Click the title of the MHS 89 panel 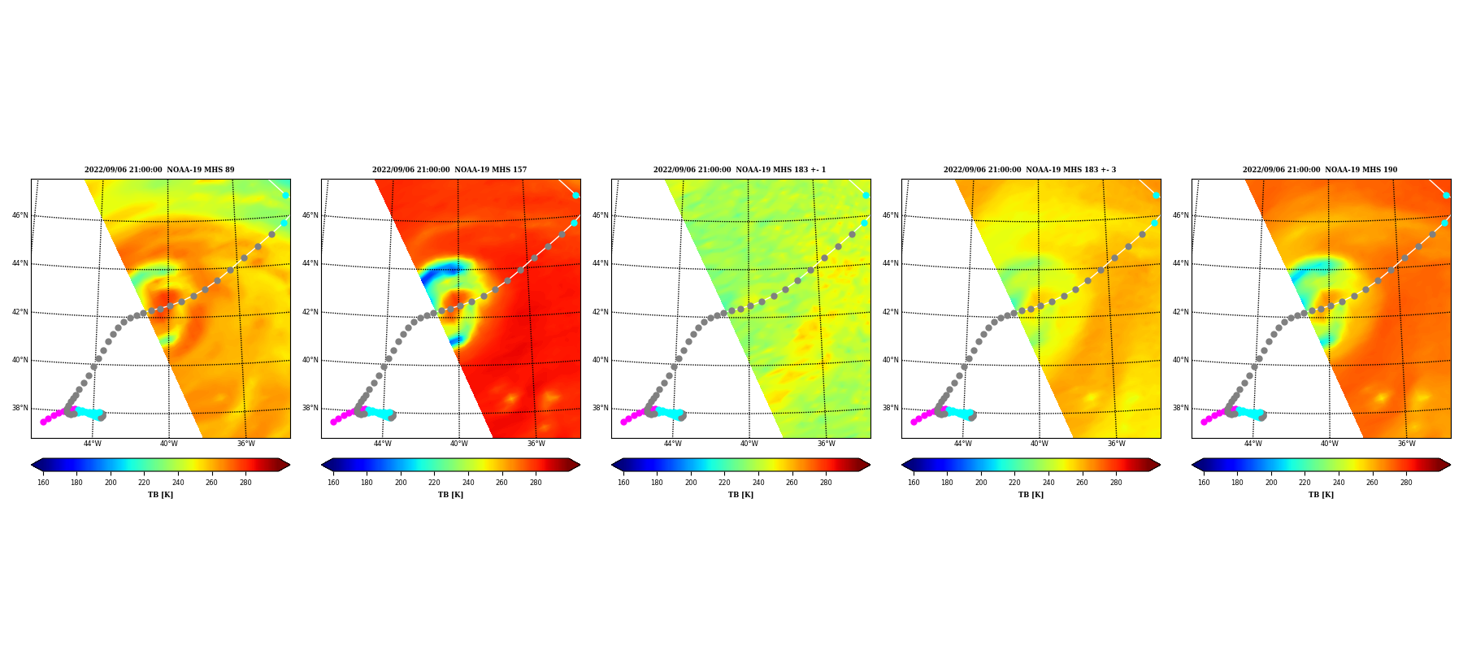pyautogui.click(x=159, y=170)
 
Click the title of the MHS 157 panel pyautogui.click(x=449, y=170)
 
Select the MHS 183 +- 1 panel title pyautogui.click(x=740, y=170)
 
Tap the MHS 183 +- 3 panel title pyautogui.click(x=1030, y=170)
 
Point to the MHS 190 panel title pyautogui.click(x=1320, y=170)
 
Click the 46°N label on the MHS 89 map pyautogui.click(x=20, y=215)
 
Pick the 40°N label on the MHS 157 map pyautogui.click(x=310, y=360)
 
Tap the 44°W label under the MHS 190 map pyautogui.click(x=1252, y=444)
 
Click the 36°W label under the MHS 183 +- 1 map pyautogui.click(x=826, y=444)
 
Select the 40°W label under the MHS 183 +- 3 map pyautogui.click(x=1040, y=444)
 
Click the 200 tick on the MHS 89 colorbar pyautogui.click(x=111, y=483)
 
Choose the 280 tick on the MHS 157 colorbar pyautogui.click(x=536, y=483)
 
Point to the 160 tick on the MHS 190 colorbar pyautogui.click(x=1204, y=483)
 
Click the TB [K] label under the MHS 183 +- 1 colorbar pyautogui.click(x=740, y=495)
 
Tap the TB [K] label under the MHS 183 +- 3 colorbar pyautogui.click(x=1031, y=495)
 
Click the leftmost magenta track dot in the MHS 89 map pyautogui.click(x=43, y=422)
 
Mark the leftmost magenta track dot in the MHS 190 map pyautogui.click(x=1204, y=422)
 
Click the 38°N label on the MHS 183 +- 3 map pyautogui.click(x=891, y=408)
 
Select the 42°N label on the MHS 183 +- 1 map pyautogui.click(x=601, y=312)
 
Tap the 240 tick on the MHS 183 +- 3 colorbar pyautogui.click(x=1048, y=483)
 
